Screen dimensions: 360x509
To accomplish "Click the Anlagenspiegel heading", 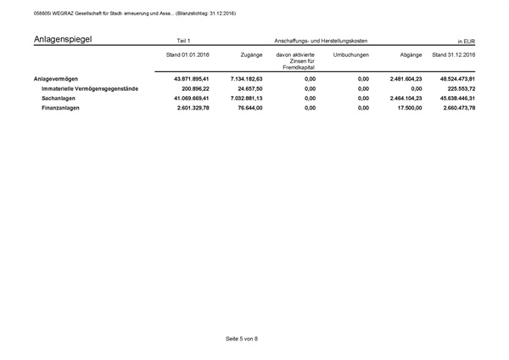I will click(63, 39).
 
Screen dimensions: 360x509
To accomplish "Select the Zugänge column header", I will click(250, 54).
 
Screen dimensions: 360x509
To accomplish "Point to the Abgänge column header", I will click(411, 54).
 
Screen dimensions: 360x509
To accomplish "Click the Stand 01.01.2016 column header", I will click(188, 54).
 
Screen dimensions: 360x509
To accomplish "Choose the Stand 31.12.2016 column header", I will click(453, 54).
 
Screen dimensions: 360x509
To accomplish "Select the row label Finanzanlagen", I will click(60, 108).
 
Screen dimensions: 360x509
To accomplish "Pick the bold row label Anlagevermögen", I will click(56, 79).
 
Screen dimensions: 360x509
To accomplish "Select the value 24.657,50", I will click(246, 88).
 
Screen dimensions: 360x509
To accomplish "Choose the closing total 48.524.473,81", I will click(453, 79).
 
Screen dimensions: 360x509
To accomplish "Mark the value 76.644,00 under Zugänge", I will click(246, 108).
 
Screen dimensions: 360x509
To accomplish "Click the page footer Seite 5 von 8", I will click(242, 339).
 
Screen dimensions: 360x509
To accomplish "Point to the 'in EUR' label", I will click(466, 41).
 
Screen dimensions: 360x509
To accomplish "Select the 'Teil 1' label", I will click(184, 41).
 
